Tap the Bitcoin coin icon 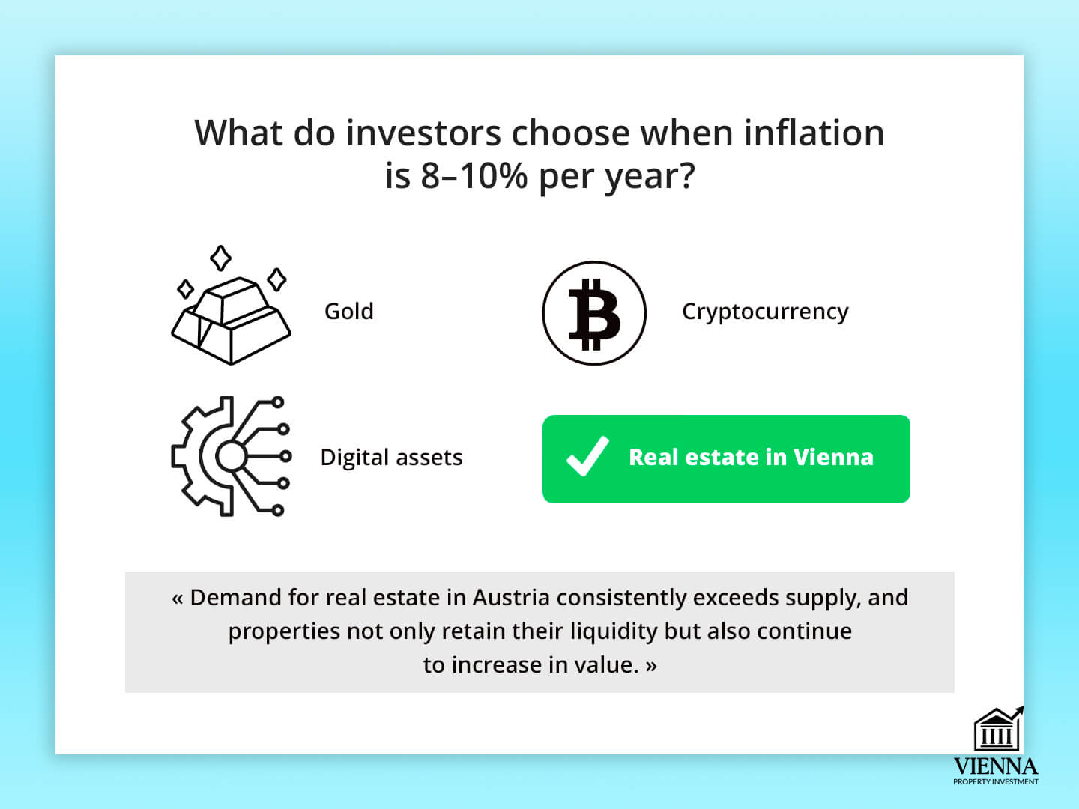[593, 313]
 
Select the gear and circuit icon [231, 456]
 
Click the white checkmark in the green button [587, 456]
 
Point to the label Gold [349, 312]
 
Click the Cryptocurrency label [765, 312]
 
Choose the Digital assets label [391, 458]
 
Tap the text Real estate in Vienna [751, 457]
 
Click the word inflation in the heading [814, 133]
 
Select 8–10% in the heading [474, 176]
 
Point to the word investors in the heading [423, 133]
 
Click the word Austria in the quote [511, 597]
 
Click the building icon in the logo [998, 729]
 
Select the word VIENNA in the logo [995, 766]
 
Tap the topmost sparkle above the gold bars [220, 258]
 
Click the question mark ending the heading [686, 175]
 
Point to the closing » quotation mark [651, 666]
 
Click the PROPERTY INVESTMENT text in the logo [995, 781]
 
